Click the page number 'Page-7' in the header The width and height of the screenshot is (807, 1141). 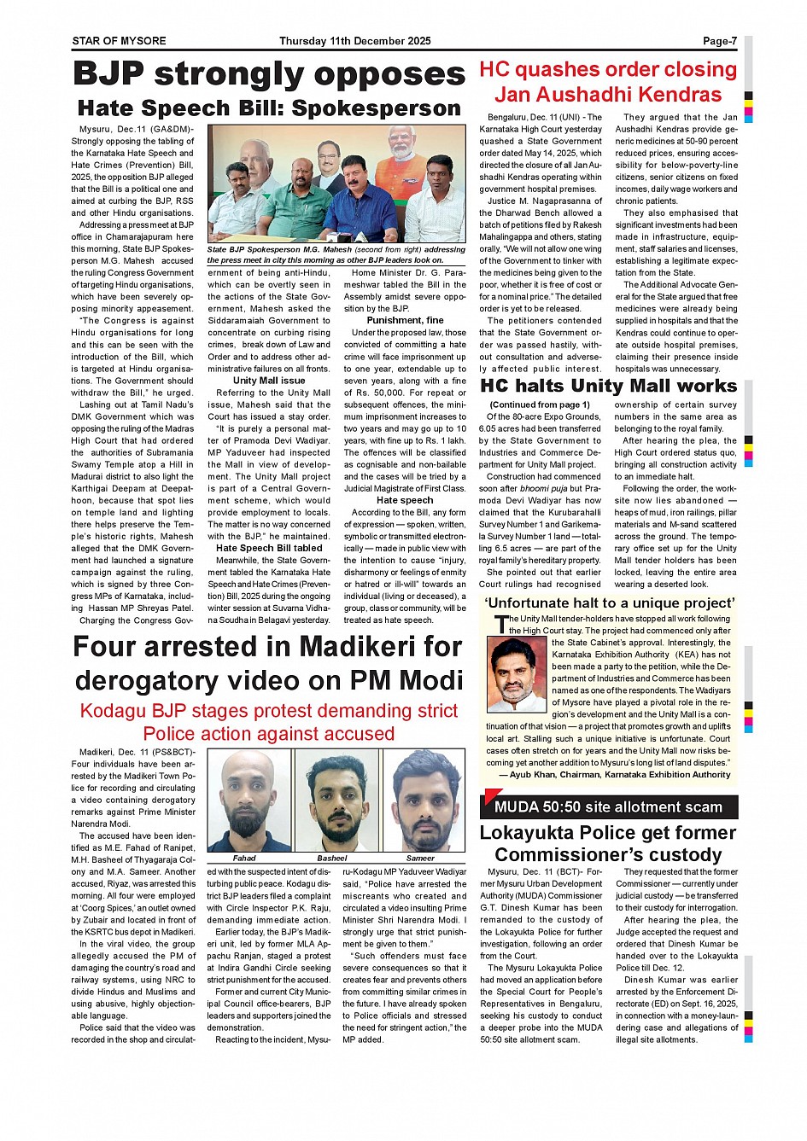tap(720, 41)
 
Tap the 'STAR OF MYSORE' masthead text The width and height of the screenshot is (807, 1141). tap(119, 41)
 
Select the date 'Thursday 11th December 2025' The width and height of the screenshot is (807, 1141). tap(355, 41)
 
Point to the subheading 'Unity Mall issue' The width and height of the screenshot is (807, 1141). tap(269, 381)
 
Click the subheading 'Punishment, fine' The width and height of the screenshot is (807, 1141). tap(405, 320)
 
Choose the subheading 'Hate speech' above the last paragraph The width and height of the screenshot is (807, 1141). tap(405, 500)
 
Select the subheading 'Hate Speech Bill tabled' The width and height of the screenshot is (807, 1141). tap(269, 548)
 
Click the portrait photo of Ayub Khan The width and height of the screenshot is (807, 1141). tap(517, 674)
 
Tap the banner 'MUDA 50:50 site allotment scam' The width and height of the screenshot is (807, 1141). tap(608, 806)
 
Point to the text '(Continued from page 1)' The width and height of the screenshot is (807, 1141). tap(540, 405)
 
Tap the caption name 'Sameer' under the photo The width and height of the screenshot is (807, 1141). tap(420, 858)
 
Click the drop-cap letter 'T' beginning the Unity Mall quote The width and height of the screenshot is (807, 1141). tap(501, 625)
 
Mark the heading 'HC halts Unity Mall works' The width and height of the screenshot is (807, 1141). tap(608, 387)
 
